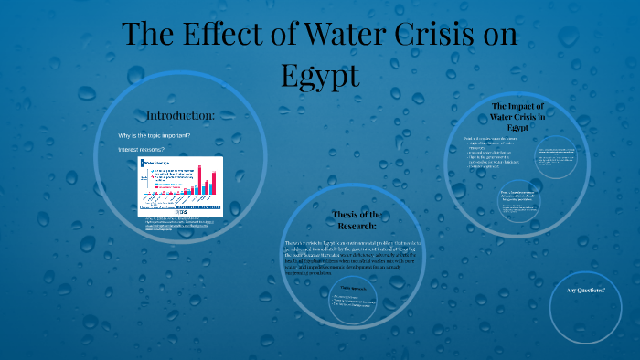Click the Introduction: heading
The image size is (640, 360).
tap(180, 116)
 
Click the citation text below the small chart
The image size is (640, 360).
tap(178, 226)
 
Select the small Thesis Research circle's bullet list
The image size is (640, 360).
tap(338, 302)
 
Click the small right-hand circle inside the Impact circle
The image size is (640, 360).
tap(556, 155)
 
